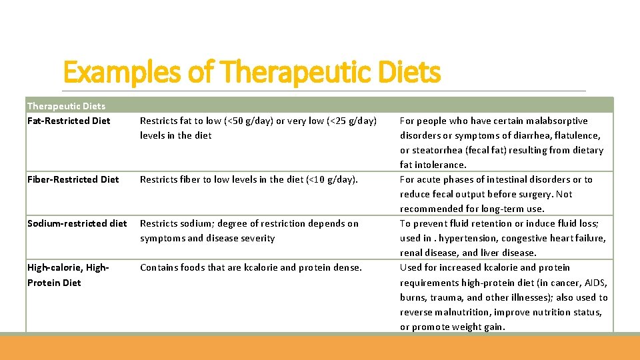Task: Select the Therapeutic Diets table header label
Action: [66, 105]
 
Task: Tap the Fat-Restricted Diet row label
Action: [69, 121]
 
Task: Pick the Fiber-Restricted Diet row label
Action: [73, 179]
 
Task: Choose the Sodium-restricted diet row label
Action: [77, 223]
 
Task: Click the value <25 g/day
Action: [351, 121]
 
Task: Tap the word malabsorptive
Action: [556, 121]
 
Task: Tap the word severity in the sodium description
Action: [257, 238]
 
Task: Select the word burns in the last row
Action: [413, 297]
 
